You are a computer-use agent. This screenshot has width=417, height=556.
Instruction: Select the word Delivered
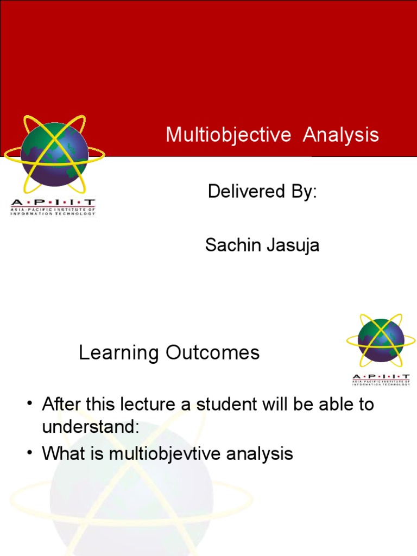tap(247, 191)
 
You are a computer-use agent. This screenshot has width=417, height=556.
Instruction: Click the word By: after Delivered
tap(304, 192)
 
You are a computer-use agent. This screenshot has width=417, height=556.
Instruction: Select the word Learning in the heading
tap(119, 353)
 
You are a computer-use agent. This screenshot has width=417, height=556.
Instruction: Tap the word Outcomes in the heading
tap(213, 352)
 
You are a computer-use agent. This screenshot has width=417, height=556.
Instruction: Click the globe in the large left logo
tap(54, 155)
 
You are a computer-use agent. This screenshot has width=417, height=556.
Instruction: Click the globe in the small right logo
tap(381, 340)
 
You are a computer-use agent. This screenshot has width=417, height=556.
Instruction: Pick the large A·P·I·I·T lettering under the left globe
tap(53, 203)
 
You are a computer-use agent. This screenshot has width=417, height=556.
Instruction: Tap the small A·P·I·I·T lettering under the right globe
tap(381, 376)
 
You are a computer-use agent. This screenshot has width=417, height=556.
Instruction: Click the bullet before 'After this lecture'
tap(30, 404)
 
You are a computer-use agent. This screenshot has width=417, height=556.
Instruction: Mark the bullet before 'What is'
tap(30, 453)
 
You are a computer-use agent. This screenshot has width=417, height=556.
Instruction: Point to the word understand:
tap(91, 426)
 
